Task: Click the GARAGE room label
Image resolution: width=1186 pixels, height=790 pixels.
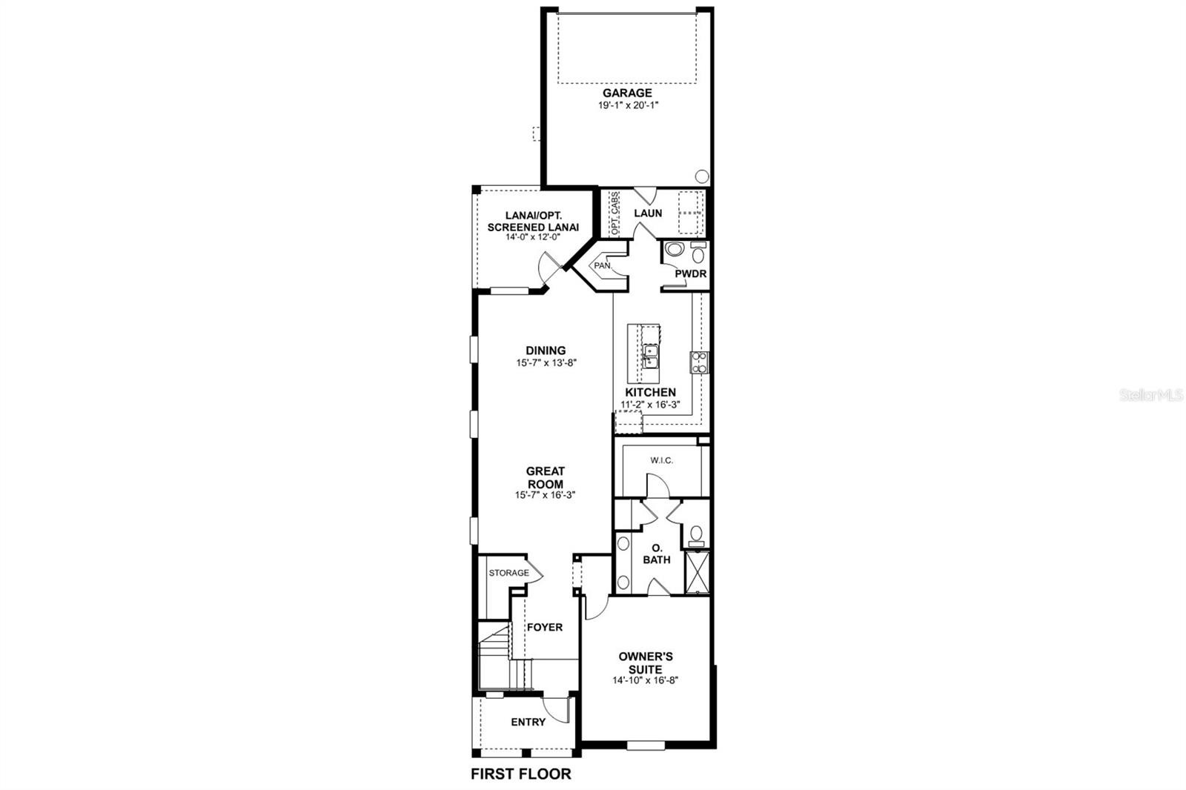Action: pyautogui.click(x=627, y=93)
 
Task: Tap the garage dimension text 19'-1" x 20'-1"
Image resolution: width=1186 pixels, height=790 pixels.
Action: pyautogui.click(x=628, y=105)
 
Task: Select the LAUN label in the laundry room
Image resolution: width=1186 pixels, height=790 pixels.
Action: pyautogui.click(x=648, y=213)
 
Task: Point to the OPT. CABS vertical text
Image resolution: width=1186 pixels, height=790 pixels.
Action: pyautogui.click(x=614, y=213)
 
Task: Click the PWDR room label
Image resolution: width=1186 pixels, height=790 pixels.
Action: pyautogui.click(x=690, y=273)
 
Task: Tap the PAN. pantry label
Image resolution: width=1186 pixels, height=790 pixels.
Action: pyautogui.click(x=603, y=265)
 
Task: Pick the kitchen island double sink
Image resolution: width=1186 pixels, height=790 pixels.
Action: pyautogui.click(x=650, y=356)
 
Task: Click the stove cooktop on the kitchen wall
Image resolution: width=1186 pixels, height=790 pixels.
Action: pyautogui.click(x=699, y=362)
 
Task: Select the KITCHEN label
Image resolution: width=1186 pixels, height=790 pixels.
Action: pyautogui.click(x=651, y=392)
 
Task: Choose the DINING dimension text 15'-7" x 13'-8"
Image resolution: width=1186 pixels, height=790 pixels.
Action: pyautogui.click(x=546, y=362)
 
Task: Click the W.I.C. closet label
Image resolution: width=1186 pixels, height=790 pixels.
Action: pyautogui.click(x=662, y=461)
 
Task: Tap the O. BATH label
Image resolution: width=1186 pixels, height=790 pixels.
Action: pyautogui.click(x=657, y=554)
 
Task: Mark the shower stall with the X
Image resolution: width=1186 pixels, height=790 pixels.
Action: pyautogui.click(x=698, y=572)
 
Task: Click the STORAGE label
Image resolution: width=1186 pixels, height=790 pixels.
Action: pyautogui.click(x=508, y=573)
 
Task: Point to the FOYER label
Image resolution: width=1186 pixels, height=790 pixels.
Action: pyautogui.click(x=545, y=628)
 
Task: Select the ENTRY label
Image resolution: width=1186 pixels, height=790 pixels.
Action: pyautogui.click(x=529, y=723)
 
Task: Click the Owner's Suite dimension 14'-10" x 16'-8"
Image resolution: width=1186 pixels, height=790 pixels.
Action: pyautogui.click(x=646, y=680)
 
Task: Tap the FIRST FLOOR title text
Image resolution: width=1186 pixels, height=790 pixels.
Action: pyautogui.click(x=521, y=774)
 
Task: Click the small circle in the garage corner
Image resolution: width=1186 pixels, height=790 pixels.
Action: pyautogui.click(x=702, y=176)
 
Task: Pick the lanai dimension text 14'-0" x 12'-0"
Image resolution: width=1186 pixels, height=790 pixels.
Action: pyautogui.click(x=533, y=237)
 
